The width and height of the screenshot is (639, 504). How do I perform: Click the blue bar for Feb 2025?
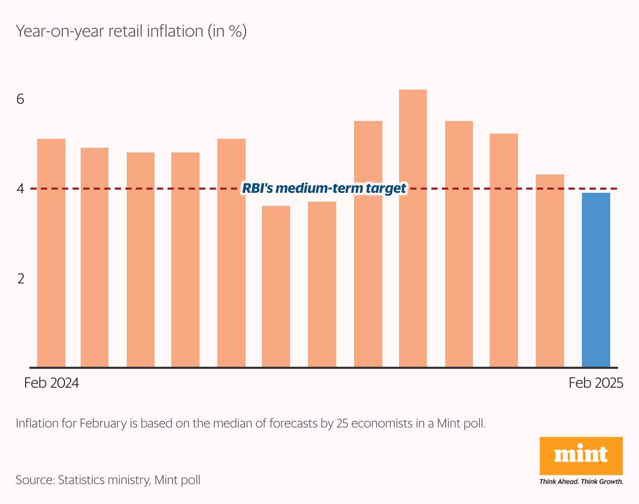[x=596, y=280]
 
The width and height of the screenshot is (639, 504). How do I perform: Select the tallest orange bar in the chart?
[x=413, y=228]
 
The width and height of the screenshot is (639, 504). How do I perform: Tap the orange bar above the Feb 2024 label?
[x=51, y=253]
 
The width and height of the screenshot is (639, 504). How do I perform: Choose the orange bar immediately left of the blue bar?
[x=550, y=270]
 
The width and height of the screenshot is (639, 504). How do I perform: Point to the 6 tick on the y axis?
[x=20, y=99]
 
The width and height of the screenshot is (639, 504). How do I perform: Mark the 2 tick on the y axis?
[x=20, y=278]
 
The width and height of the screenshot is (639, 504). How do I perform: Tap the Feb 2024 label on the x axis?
[x=51, y=383]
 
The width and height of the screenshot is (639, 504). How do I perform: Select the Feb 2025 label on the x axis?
[x=596, y=383]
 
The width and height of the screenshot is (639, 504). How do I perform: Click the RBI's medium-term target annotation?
[x=324, y=188]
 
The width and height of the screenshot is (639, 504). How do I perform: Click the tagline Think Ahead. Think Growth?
[x=581, y=481]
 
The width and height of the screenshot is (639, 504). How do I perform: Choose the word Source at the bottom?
[x=34, y=479]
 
